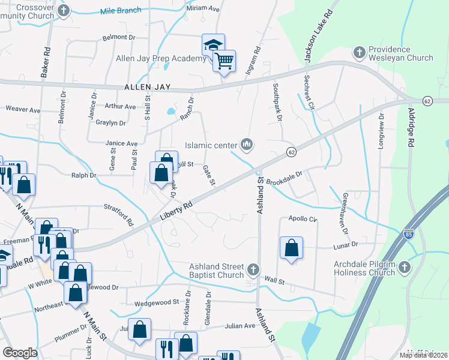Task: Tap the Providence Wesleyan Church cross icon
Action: pos(360,52)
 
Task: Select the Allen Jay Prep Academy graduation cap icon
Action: pos(212,44)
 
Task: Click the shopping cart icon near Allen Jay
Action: pos(224,60)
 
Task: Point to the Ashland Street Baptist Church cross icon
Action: pos(253,269)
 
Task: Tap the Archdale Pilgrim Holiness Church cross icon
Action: pos(405,267)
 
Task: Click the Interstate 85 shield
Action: pos(409,232)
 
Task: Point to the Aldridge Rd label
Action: pos(412,129)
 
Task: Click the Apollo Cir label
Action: pos(303,219)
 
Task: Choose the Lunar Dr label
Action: pos(345,244)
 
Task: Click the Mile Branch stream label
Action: pos(121,10)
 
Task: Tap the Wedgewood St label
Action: pos(157,303)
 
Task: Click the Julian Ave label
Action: pos(240,326)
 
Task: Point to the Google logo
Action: pos(20,353)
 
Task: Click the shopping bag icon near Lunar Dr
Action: pos(291,247)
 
